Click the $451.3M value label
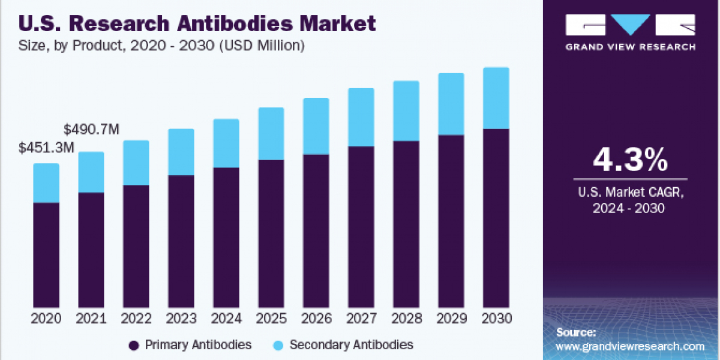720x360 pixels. (x=47, y=148)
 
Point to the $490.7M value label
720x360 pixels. (x=92, y=129)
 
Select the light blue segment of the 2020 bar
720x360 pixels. (x=46, y=183)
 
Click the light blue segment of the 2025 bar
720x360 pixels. (x=271, y=134)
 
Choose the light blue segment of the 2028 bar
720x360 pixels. (x=406, y=111)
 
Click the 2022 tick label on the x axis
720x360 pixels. (x=136, y=319)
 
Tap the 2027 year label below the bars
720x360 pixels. (x=361, y=319)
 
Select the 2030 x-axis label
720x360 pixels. (x=496, y=319)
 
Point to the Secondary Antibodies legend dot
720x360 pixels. (x=278, y=345)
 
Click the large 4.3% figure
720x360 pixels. (x=630, y=160)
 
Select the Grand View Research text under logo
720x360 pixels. (x=631, y=47)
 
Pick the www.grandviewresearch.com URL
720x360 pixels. (x=630, y=347)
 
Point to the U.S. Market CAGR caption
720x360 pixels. (x=630, y=193)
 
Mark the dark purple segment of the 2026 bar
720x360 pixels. (x=316, y=231)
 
